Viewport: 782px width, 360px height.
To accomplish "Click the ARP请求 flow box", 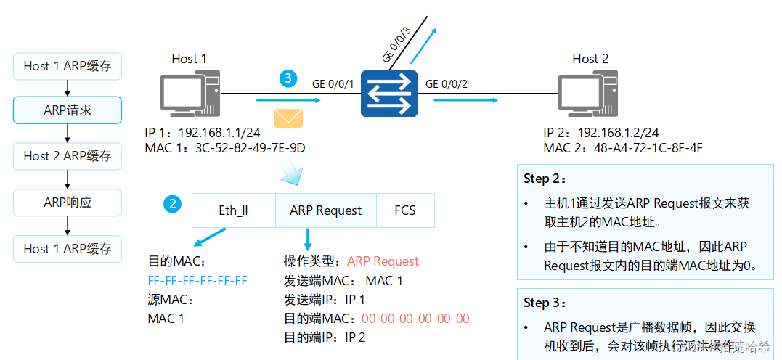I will point(68,111).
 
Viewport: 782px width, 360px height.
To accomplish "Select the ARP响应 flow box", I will point(68,202).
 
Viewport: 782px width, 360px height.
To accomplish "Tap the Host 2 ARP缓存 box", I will point(68,156).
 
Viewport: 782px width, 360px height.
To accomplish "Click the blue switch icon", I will point(389,93).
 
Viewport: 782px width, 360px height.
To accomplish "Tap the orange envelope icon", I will point(288,118).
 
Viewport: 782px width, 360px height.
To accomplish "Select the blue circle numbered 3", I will point(288,78).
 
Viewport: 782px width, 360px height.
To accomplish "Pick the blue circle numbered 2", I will point(172,204).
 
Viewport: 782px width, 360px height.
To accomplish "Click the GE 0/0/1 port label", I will point(333,83).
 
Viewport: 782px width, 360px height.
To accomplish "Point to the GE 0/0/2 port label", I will point(446,83).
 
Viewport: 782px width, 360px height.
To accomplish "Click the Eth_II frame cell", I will point(233,210).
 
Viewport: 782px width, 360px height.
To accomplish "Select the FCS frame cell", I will point(405,210).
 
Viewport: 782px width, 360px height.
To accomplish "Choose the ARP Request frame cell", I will point(325,210).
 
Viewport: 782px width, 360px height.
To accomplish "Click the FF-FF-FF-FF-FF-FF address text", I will point(197,280).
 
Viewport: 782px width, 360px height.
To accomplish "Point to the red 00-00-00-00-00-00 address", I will point(415,318).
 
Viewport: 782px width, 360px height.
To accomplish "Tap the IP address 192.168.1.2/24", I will point(618,132).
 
